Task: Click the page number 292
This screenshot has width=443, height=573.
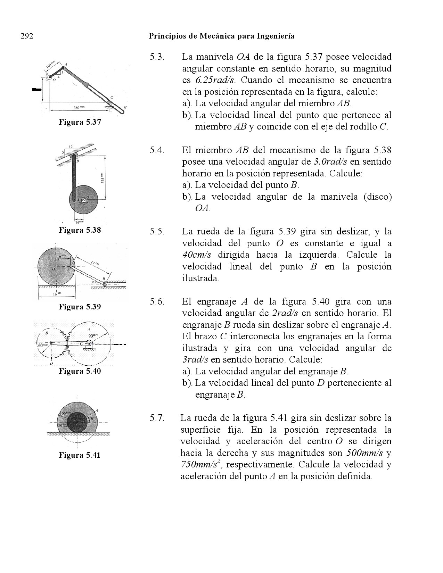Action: point(27,36)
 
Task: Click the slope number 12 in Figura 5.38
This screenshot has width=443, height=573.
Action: point(71,147)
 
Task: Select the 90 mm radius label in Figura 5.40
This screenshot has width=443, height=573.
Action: point(93,336)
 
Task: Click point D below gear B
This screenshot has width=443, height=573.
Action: point(51,363)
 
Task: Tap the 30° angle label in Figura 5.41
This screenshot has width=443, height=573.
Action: point(92,418)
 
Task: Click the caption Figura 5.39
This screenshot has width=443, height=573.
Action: point(80,307)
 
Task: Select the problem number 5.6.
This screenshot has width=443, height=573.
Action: point(157,301)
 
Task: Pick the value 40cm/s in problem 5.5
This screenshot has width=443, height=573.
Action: point(197,255)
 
